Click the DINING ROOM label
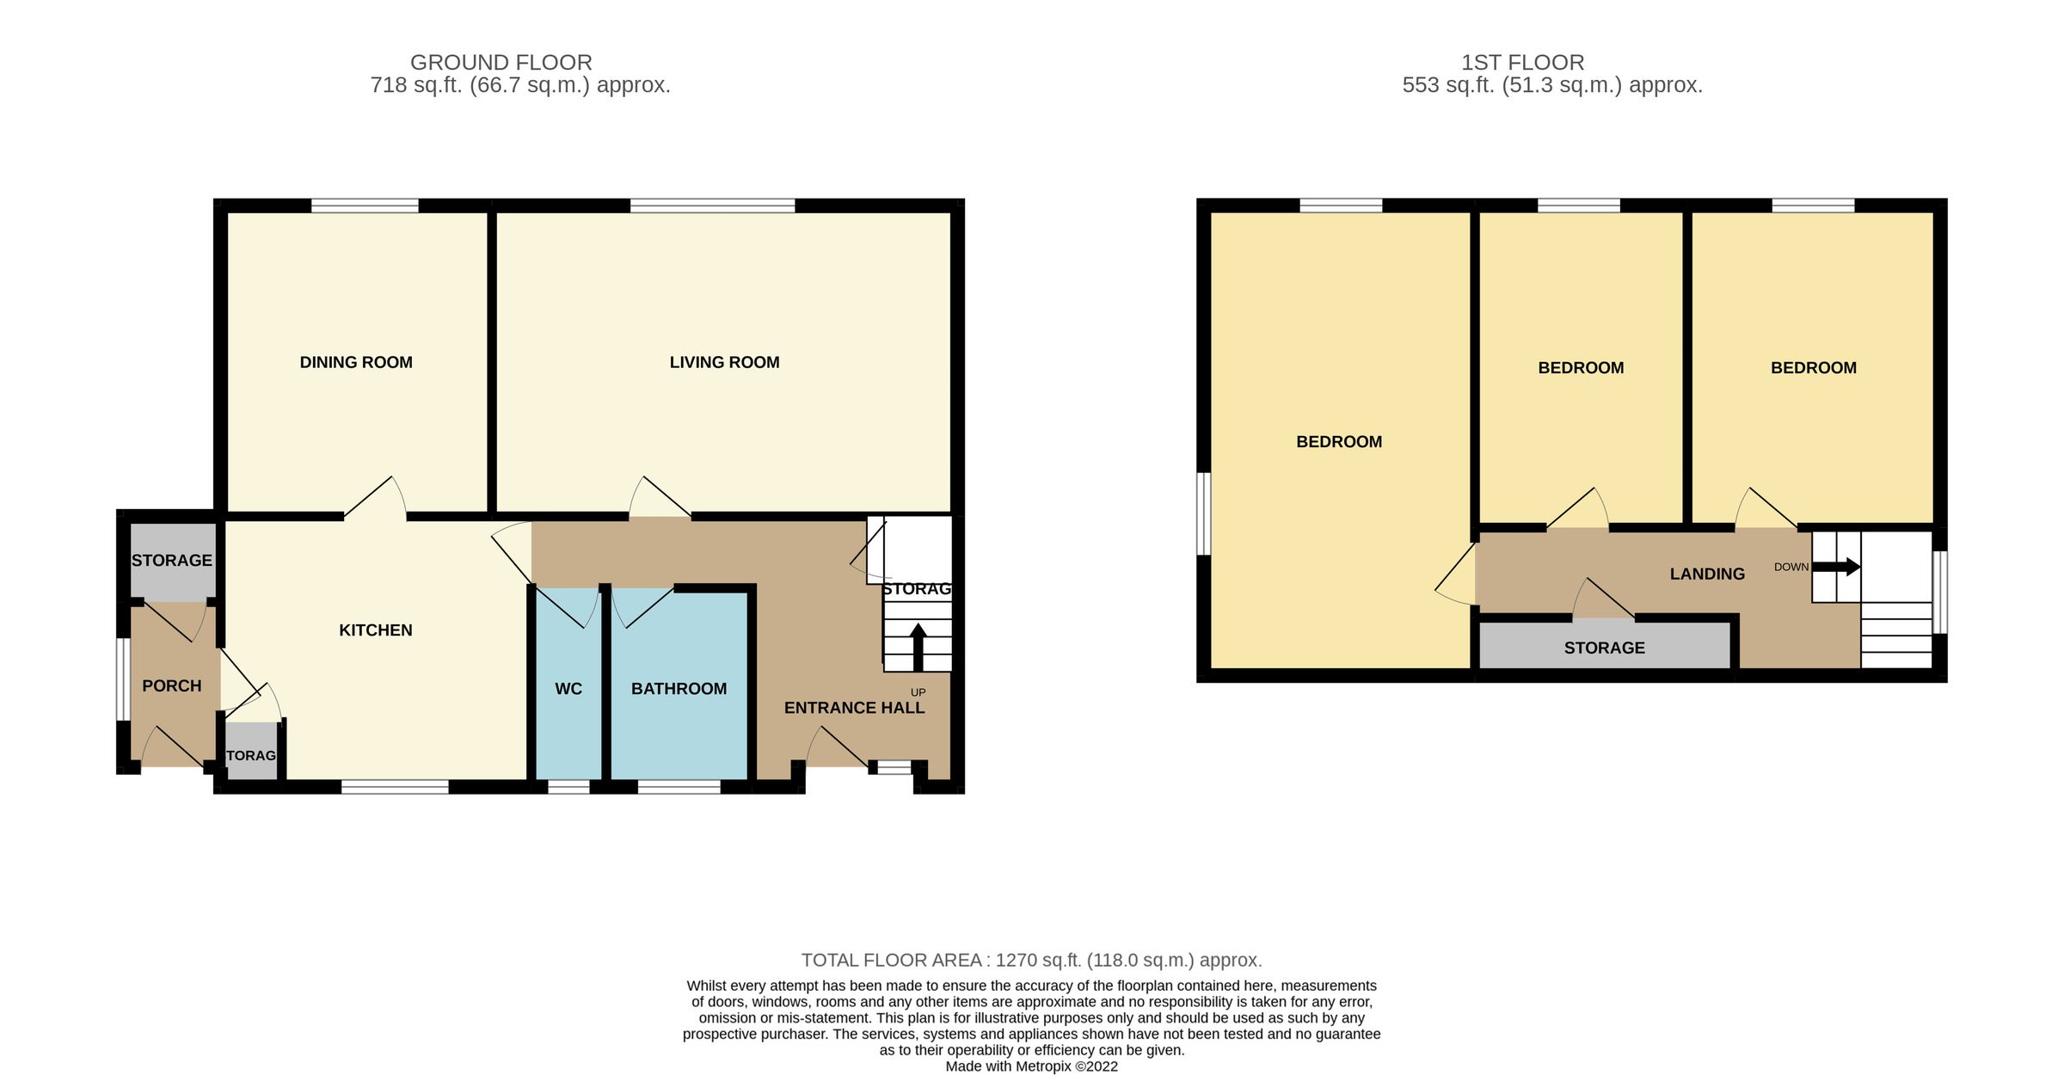356,362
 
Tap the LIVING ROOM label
724,362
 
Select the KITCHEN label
376,630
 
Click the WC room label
568,689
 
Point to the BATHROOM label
679,689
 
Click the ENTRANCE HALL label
854,708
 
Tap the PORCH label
172,685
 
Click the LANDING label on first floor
1707,574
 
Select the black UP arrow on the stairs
918,647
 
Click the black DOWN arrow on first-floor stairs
1837,567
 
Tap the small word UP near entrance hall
918,692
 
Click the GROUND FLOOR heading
501,62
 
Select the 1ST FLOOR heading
1522,62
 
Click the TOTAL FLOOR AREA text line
1031,960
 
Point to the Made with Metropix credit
1031,1066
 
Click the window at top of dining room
365,206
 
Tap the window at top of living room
712,206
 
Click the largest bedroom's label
1339,441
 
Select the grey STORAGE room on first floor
1604,648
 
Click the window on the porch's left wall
124,679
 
